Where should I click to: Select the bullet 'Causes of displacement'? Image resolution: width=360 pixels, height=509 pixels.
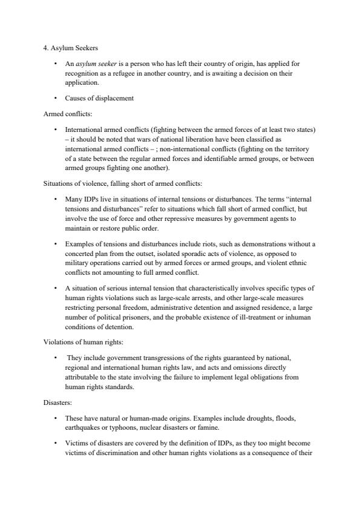click(x=97, y=98)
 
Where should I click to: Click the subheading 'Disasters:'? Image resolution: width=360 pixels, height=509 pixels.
click(x=58, y=401)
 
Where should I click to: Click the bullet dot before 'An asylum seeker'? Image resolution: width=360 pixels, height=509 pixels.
click(x=55, y=64)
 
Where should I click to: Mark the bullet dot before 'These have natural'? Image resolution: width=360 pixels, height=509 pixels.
click(x=55, y=418)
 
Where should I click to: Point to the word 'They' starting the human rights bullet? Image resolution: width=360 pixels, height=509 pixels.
click(x=76, y=357)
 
